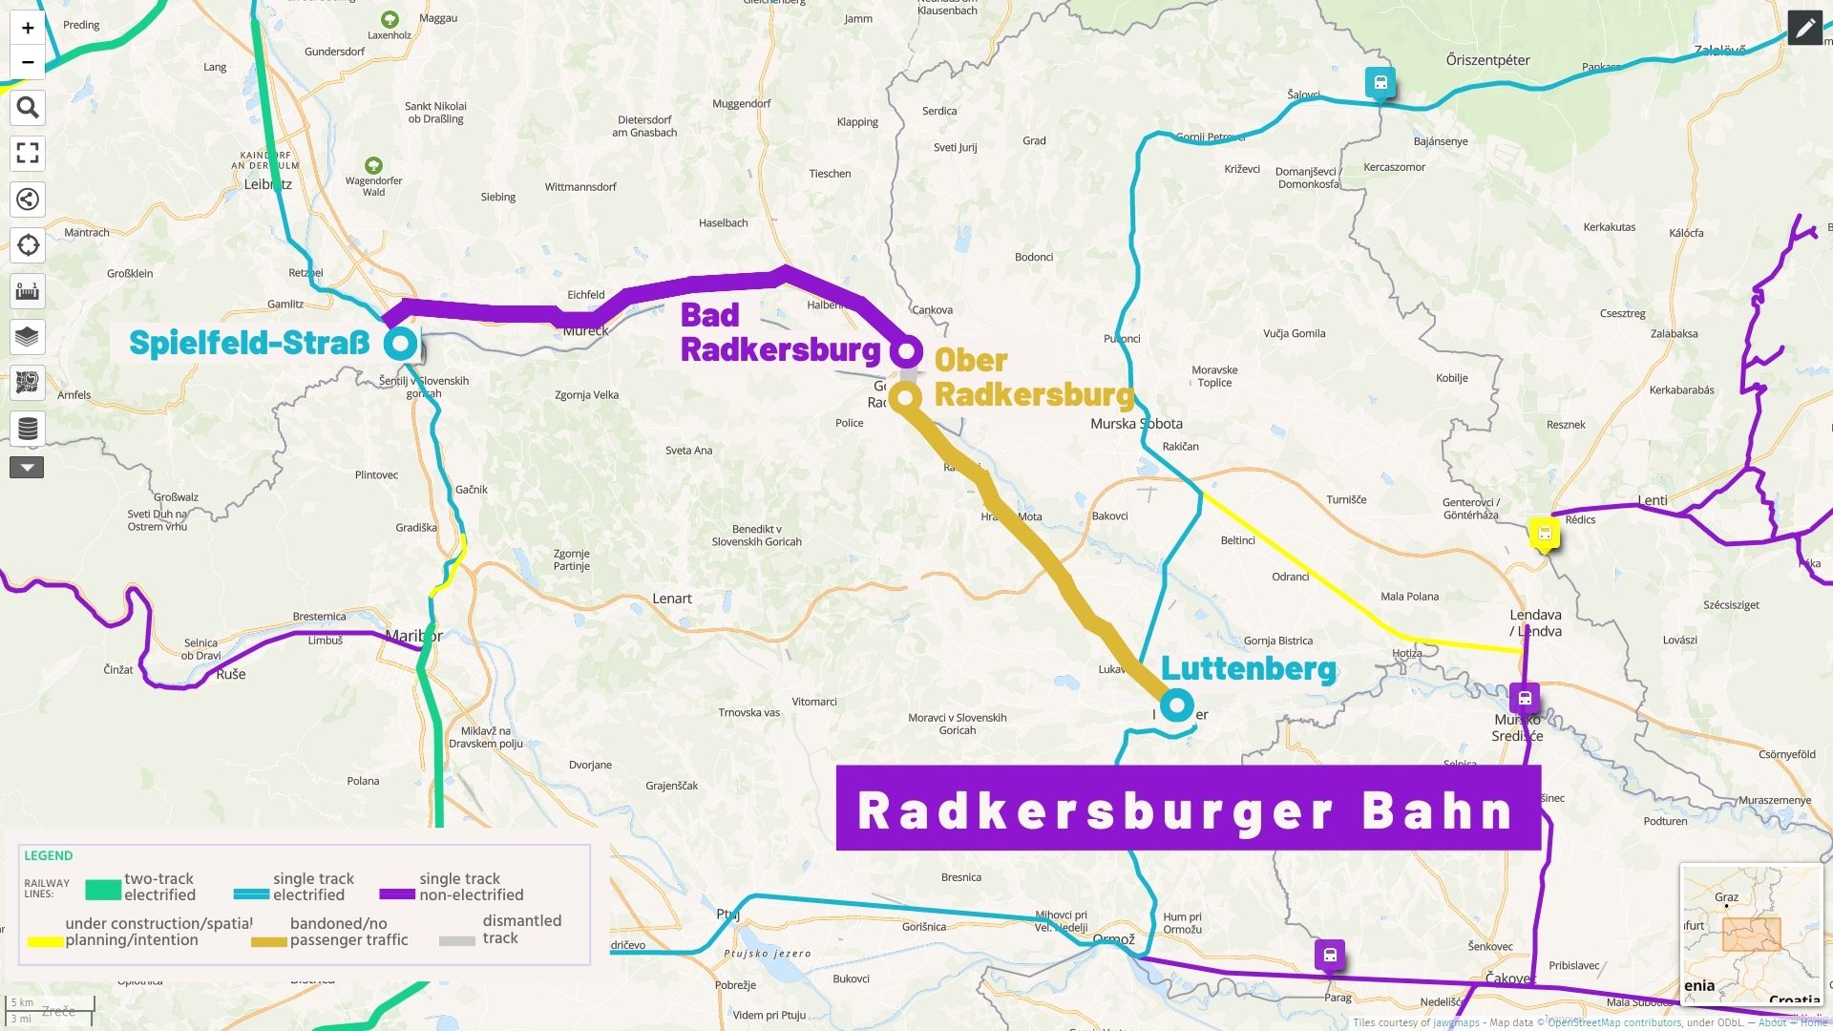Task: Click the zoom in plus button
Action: [28, 28]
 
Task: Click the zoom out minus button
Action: [28, 62]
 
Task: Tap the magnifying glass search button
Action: [28, 108]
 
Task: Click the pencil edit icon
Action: [1804, 29]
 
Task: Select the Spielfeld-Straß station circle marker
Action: [401, 343]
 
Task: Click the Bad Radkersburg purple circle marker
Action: [905, 350]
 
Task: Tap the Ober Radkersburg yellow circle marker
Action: [905, 396]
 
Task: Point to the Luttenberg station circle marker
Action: [1177, 705]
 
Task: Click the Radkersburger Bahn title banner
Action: [1188, 809]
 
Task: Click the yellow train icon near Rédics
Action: [1544, 534]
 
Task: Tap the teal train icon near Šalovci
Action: [1380, 83]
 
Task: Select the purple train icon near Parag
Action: [1330, 954]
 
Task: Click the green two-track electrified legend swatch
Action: [102, 890]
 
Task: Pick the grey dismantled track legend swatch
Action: [456, 940]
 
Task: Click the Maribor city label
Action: [413, 636]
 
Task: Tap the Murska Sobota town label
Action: [1136, 424]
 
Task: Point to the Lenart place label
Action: [671, 599]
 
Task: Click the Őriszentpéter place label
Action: [1487, 60]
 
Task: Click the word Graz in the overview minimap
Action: [1726, 897]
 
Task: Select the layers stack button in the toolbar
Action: [28, 337]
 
